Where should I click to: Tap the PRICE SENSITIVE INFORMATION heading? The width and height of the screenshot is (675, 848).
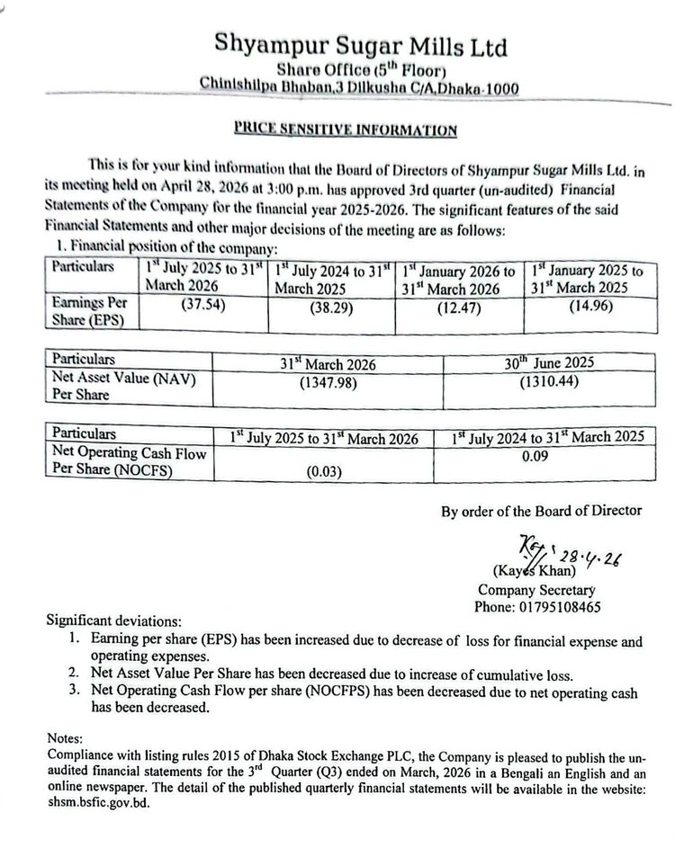pyautogui.click(x=346, y=129)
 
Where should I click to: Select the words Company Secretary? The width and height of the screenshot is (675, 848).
pyautogui.click(x=536, y=590)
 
